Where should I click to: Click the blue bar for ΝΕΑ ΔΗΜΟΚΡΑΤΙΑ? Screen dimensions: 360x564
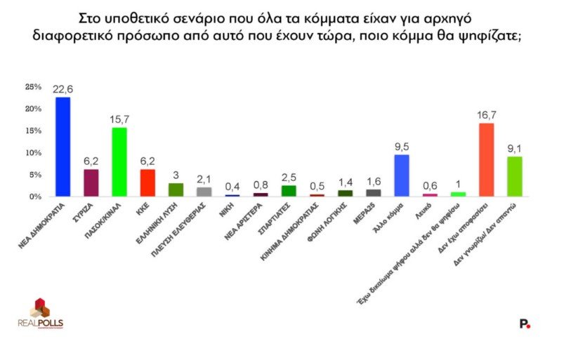click(x=63, y=147)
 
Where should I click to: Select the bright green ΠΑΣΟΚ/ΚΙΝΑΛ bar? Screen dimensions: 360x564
click(x=119, y=162)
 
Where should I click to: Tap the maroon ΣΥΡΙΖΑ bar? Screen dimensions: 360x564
click(x=91, y=182)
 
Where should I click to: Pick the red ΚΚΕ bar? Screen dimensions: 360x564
click(x=147, y=182)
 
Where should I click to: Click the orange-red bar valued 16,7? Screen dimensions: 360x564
click(x=486, y=159)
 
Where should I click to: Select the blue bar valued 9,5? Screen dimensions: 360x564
click(x=402, y=175)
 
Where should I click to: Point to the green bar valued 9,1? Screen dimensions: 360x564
click(x=514, y=176)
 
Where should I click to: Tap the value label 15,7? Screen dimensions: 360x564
click(x=119, y=120)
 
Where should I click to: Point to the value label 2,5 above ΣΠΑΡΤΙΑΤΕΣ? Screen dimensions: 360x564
click(x=289, y=178)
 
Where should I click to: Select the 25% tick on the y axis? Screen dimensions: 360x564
click(x=33, y=87)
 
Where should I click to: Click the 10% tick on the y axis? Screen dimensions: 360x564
click(x=33, y=152)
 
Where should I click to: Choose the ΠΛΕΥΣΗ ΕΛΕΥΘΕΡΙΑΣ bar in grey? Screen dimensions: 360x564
click(x=204, y=192)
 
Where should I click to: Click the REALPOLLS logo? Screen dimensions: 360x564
click(x=41, y=314)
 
